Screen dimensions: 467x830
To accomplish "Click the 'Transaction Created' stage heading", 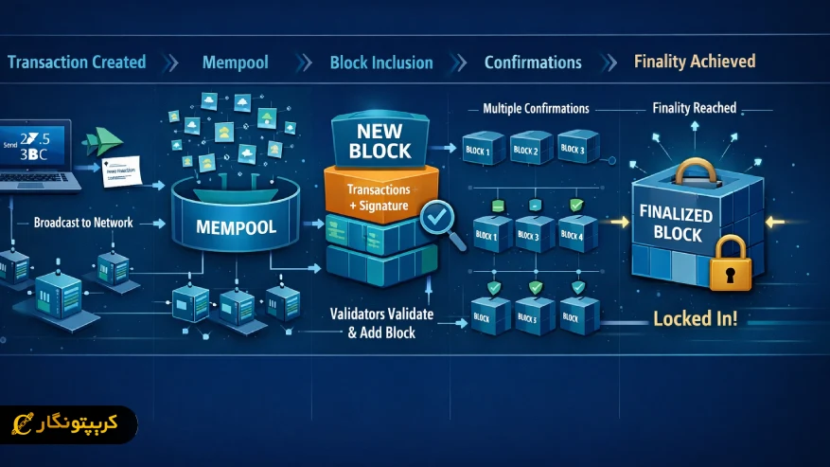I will [x=77, y=63].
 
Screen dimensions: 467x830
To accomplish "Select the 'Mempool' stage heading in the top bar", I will [x=235, y=63].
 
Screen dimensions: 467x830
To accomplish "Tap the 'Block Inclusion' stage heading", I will [x=380, y=63].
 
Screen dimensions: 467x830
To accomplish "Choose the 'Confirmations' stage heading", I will [x=533, y=63].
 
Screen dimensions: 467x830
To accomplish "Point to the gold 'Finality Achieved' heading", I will [x=695, y=62].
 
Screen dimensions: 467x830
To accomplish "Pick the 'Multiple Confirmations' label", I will [x=536, y=108].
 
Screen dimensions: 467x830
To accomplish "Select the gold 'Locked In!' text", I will [x=695, y=318].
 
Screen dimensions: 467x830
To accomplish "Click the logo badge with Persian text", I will [x=68, y=425].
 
